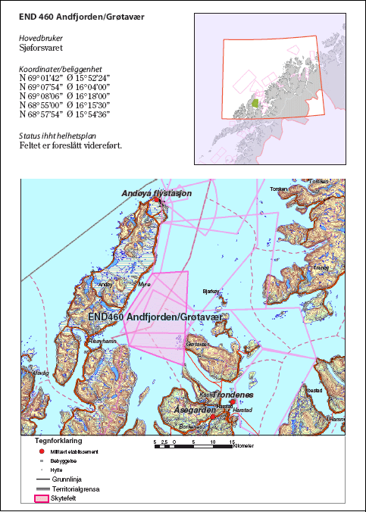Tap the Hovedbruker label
pos(41,37)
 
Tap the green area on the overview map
pos(255,102)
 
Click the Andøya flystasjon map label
pos(157,194)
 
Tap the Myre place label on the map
pos(144,283)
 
